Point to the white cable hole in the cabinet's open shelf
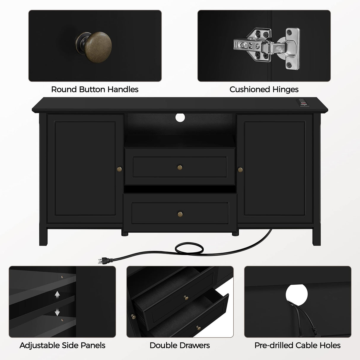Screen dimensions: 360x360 [180, 117]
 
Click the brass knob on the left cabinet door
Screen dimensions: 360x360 [120, 169]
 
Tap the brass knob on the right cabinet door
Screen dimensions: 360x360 [240, 170]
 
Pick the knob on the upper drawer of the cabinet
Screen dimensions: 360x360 [180, 168]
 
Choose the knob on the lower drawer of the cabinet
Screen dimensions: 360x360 [180, 214]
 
